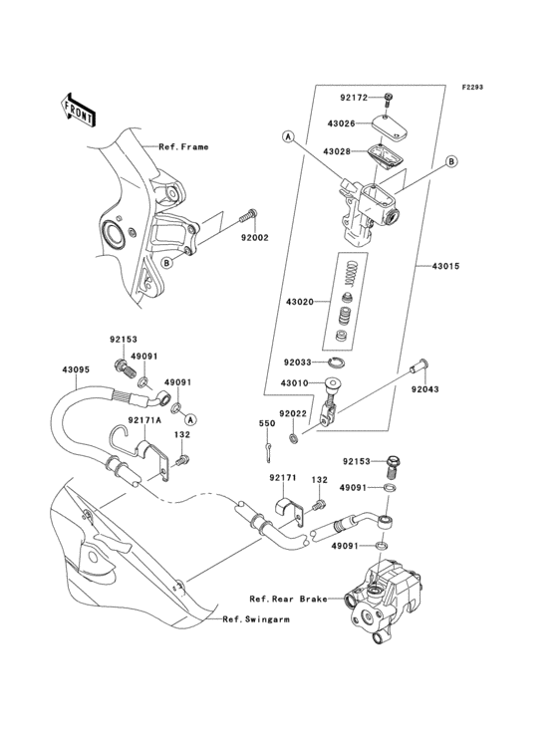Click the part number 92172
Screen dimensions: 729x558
(354, 98)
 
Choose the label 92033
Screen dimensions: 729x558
(299, 363)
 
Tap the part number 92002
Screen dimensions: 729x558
(254, 239)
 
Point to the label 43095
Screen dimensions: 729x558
(78, 369)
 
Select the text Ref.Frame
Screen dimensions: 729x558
(183, 146)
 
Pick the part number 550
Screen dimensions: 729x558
(267, 424)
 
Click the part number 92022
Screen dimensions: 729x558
(293, 413)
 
